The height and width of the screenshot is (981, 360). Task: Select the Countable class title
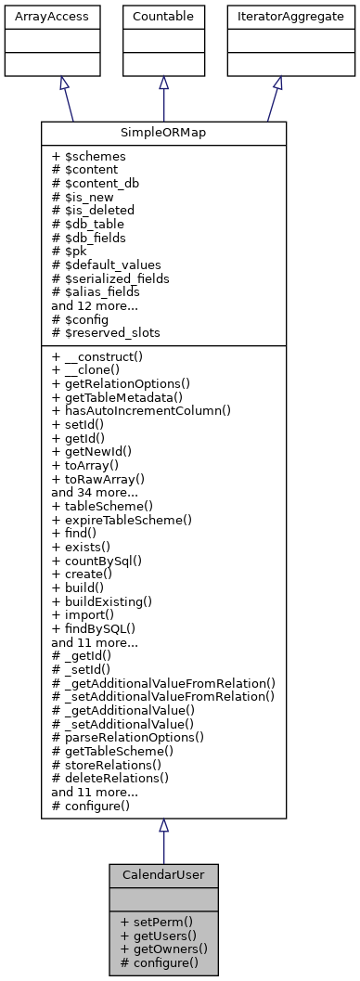(163, 17)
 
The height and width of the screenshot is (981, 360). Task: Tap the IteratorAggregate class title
(277, 17)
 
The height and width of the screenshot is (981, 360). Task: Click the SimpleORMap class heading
(163, 133)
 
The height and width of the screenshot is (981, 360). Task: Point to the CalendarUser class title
(163, 875)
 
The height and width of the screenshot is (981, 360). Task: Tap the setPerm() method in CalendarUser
(157, 921)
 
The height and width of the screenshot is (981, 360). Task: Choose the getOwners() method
(164, 949)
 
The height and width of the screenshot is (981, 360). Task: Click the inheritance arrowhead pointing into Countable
(163, 83)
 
